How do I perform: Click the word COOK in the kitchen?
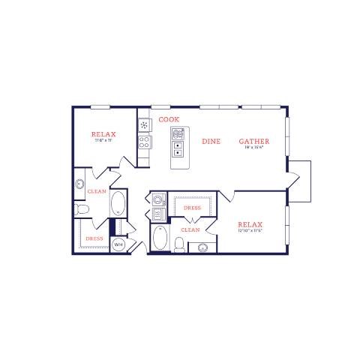168,119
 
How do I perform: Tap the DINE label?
211,141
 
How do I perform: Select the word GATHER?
254,141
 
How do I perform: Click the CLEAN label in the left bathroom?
97,191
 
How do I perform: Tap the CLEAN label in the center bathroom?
190,230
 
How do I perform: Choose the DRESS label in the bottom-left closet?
94,238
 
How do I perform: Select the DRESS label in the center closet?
193,208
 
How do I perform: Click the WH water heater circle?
118,244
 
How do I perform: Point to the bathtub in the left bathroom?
118,205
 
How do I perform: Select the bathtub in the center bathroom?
159,239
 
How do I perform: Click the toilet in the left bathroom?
81,208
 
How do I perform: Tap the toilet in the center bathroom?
179,244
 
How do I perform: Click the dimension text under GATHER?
254,148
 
